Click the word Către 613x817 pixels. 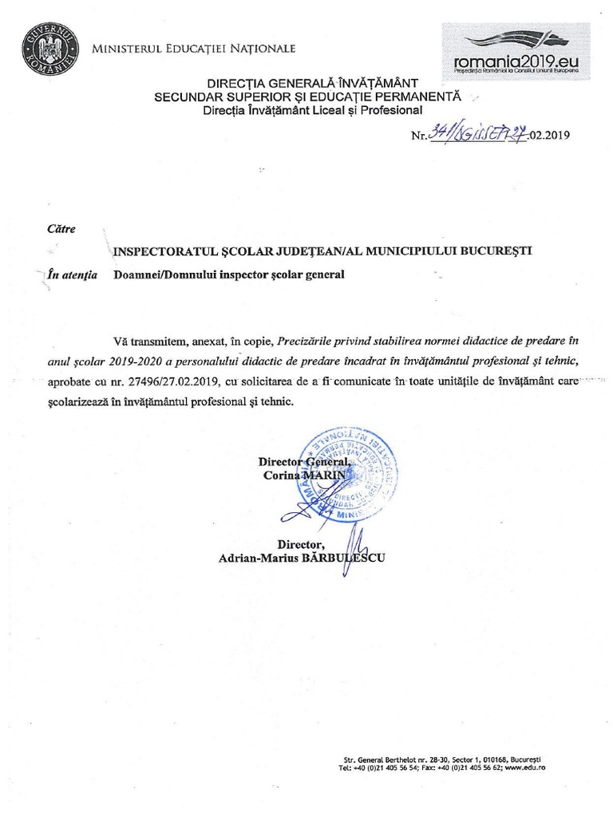[x=61, y=229]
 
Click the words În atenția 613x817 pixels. [x=73, y=275]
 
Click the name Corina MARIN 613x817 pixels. [x=306, y=475]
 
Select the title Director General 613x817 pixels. [x=304, y=462]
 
